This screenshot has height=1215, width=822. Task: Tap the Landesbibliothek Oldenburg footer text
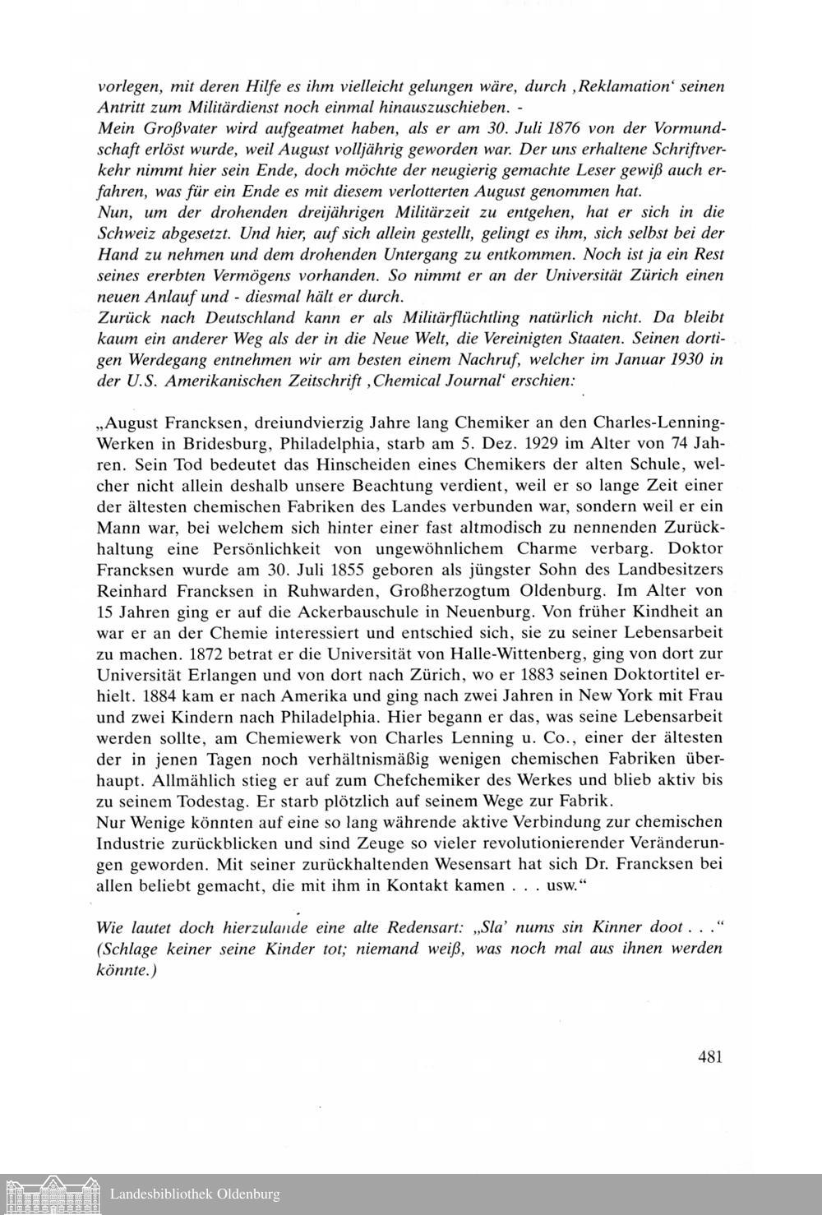195,1194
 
